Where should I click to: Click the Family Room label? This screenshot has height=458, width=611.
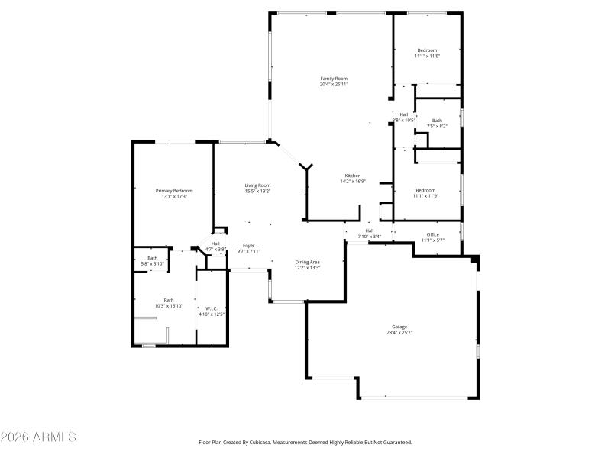pyautogui.click(x=334, y=79)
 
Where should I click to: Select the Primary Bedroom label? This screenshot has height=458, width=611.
pyautogui.click(x=174, y=191)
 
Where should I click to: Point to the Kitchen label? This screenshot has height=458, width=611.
pyautogui.click(x=352, y=176)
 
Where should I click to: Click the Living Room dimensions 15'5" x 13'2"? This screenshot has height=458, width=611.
pyautogui.click(x=257, y=191)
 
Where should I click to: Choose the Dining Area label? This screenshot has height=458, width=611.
pyautogui.click(x=307, y=262)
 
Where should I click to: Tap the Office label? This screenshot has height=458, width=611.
pyautogui.click(x=432, y=234)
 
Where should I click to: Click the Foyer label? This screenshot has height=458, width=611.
pyautogui.click(x=249, y=245)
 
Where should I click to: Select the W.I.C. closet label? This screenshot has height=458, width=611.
pyautogui.click(x=212, y=308)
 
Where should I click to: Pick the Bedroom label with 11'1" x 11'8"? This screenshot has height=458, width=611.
pyautogui.click(x=427, y=50)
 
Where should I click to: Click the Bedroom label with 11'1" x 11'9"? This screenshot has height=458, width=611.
pyautogui.click(x=425, y=190)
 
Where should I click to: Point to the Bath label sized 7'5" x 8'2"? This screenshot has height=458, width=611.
pyautogui.click(x=437, y=120)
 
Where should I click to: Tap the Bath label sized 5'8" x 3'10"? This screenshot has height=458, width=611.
pyautogui.click(x=153, y=258)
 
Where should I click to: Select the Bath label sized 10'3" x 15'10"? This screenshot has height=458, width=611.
pyautogui.click(x=168, y=300)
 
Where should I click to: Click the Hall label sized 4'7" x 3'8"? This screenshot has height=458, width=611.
pyautogui.click(x=215, y=244)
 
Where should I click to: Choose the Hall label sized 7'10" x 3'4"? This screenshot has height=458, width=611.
pyautogui.click(x=370, y=231)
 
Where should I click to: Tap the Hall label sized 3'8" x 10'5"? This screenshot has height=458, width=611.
pyautogui.click(x=403, y=114)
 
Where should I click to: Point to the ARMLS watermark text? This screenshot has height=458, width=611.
pyautogui.click(x=38, y=437)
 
